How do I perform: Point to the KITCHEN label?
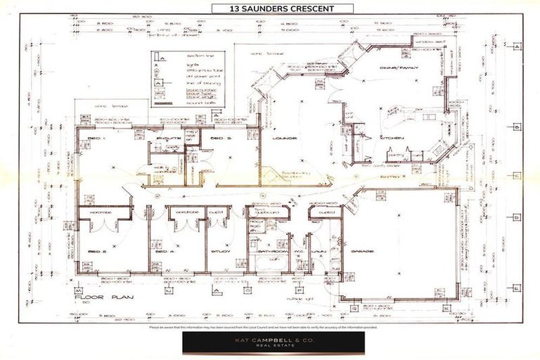[392, 138]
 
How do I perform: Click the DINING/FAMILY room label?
[399, 68]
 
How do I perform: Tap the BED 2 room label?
[96, 251]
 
